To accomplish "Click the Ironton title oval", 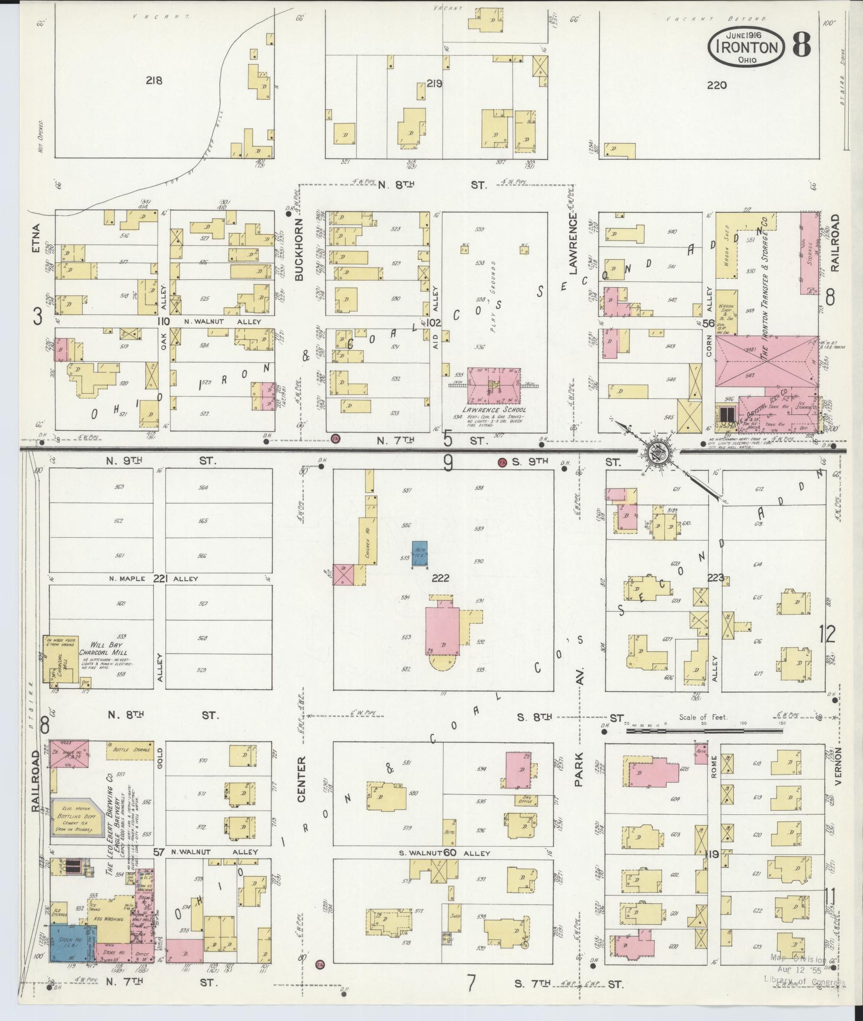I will [746, 47].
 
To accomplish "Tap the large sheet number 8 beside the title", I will [801, 46].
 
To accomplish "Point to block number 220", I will [716, 85].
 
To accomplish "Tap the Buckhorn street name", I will [299, 249].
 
